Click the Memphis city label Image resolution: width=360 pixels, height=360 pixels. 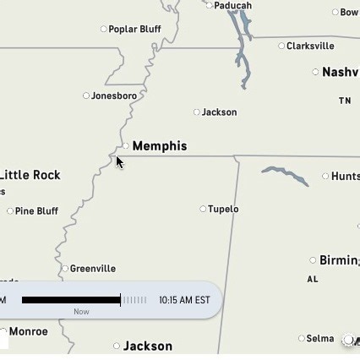coord(160,146)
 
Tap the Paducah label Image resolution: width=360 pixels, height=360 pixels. coord(232,5)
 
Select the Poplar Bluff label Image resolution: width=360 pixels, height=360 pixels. coord(134,30)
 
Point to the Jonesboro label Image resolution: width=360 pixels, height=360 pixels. coord(114,95)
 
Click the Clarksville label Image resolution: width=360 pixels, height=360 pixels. coord(310,46)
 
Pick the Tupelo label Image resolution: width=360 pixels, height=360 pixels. coord(223,209)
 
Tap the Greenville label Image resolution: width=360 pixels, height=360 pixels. coord(93,269)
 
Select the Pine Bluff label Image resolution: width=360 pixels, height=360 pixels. coord(36,211)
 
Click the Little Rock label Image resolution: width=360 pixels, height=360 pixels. coord(30,175)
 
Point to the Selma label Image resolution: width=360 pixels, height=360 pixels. coord(319,338)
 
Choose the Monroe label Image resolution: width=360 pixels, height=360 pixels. coord(28,331)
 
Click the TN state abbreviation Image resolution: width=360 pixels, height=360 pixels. coord(345,101)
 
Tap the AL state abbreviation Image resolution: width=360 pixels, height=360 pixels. coord(313,279)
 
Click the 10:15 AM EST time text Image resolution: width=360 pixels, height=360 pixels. coord(184,300)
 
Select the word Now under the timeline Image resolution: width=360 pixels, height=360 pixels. coord(81,311)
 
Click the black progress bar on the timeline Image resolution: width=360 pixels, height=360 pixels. coord(71,300)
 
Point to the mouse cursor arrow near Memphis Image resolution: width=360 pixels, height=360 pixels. coord(119,161)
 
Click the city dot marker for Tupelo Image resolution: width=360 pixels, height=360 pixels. coord(203,209)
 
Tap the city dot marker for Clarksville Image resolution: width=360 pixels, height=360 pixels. coord(281,46)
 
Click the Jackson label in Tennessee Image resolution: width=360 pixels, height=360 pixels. coord(219,112)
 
